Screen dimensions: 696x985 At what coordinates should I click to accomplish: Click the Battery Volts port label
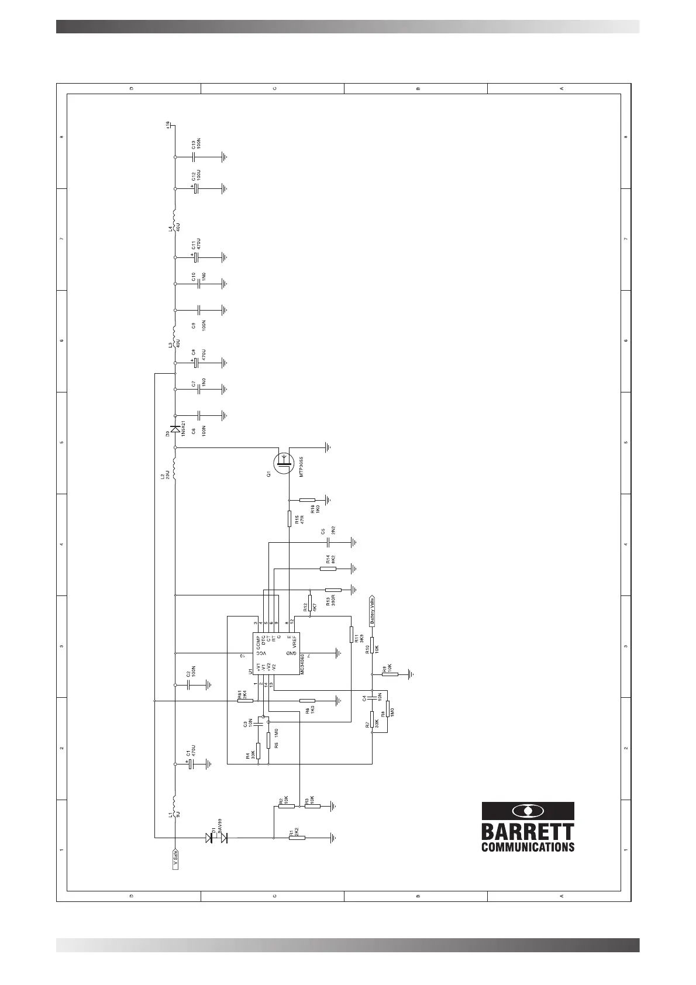tap(371, 611)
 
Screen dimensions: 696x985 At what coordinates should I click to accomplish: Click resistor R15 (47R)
tap(289, 518)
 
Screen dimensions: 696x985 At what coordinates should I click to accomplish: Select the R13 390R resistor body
tap(333, 590)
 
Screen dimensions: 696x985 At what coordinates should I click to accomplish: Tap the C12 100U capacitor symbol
tap(197, 189)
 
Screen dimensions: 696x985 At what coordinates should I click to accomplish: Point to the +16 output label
tap(168, 124)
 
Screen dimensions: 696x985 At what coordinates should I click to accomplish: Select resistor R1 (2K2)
tap(297, 838)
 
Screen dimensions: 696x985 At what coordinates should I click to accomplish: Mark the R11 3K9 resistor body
tap(350, 634)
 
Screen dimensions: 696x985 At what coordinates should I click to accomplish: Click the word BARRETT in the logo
tap(528, 831)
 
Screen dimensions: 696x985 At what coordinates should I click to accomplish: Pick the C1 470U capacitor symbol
tap(191, 764)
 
